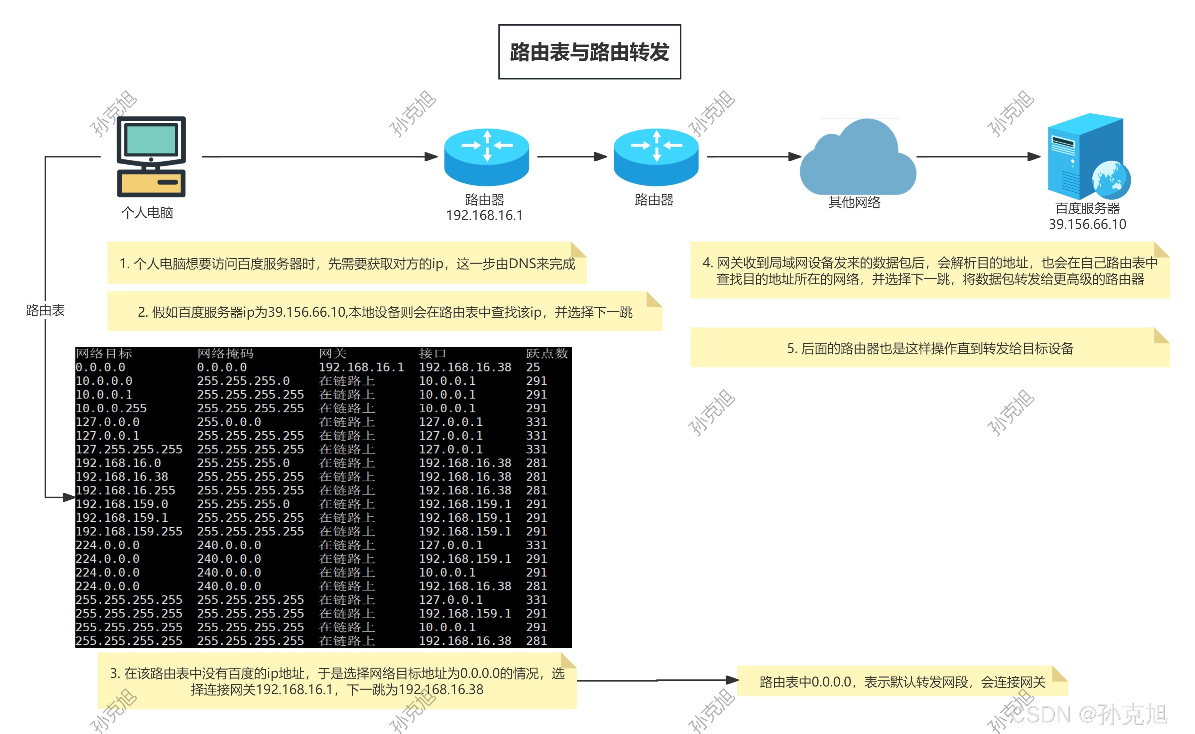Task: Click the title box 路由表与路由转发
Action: (x=589, y=52)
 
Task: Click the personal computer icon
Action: (x=151, y=156)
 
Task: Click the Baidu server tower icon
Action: (x=1086, y=156)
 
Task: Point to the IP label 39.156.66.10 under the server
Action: (x=1087, y=224)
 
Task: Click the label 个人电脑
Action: (x=147, y=213)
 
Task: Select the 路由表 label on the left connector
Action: (x=45, y=310)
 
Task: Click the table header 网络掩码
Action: (x=225, y=354)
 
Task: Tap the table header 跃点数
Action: (x=547, y=354)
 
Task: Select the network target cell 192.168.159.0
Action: (x=121, y=504)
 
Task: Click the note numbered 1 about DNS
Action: (x=347, y=263)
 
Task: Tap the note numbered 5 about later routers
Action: (x=929, y=348)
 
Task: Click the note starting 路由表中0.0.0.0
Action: (x=902, y=682)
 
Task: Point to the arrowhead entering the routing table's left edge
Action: (x=68, y=497)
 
